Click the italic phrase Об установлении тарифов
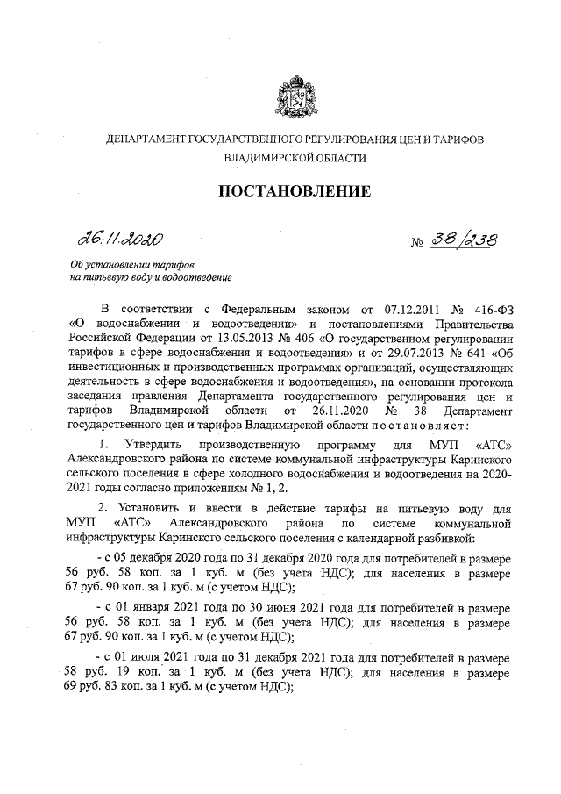[132, 266]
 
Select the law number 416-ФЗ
[492, 310]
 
